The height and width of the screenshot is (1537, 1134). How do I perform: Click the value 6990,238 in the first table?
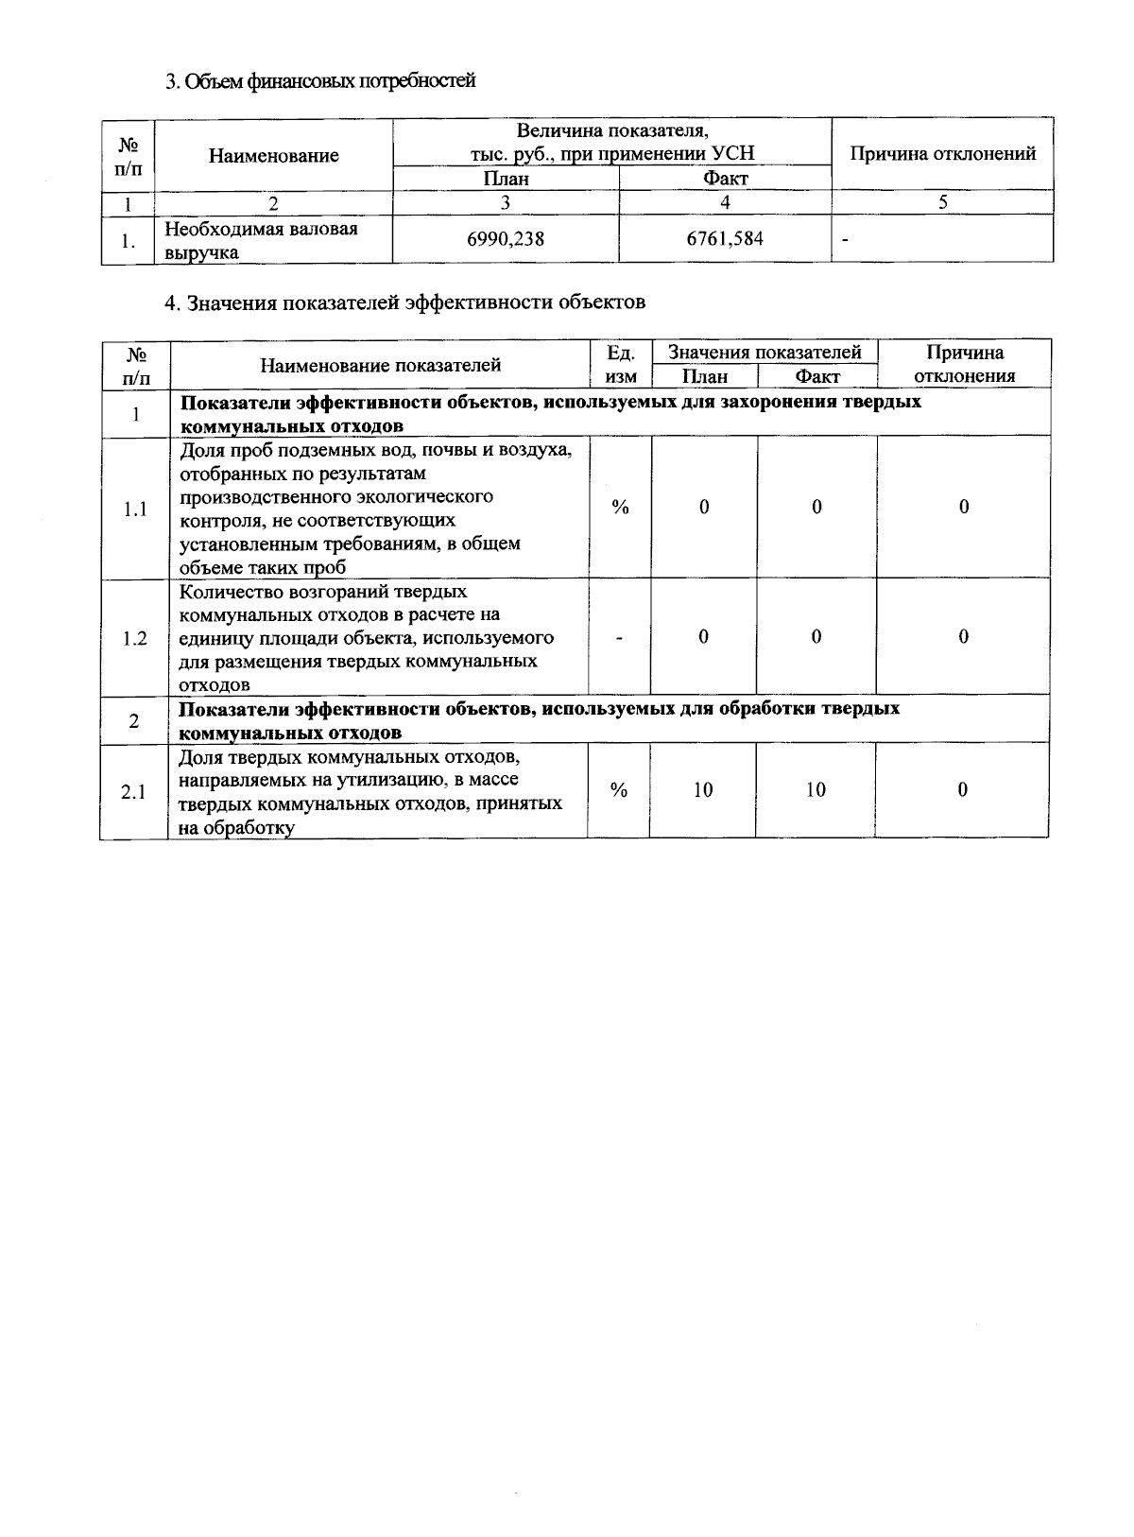click(506, 240)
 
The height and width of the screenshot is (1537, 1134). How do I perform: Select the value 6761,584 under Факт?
click(725, 240)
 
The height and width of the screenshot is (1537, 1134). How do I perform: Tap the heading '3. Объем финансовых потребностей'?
click(320, 81)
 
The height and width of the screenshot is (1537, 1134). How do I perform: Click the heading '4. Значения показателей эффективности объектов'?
click(405, 302)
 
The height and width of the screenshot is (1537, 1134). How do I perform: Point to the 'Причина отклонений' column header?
click(943, 154)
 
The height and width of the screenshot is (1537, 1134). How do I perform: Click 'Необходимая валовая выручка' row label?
click(261, 240)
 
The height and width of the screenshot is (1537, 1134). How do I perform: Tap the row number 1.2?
click(135, 638)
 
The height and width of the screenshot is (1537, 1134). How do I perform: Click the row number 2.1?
click(133, 791)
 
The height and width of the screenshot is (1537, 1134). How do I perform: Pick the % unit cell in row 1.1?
click(620, 508)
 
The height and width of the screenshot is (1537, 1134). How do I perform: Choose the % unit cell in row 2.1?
click(619, 790)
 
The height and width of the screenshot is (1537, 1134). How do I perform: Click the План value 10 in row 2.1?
click(702, 790)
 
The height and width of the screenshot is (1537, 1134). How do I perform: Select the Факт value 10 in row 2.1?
click(816, 790)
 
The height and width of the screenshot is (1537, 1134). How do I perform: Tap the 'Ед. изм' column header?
click(620, 364)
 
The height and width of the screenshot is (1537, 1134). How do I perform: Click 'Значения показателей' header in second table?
click(765, 353)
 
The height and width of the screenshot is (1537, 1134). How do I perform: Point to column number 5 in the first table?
click(942, 201)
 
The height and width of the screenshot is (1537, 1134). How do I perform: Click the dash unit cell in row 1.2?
click(620, 638)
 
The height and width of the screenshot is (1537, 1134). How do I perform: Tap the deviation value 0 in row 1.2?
click(963, 637)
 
